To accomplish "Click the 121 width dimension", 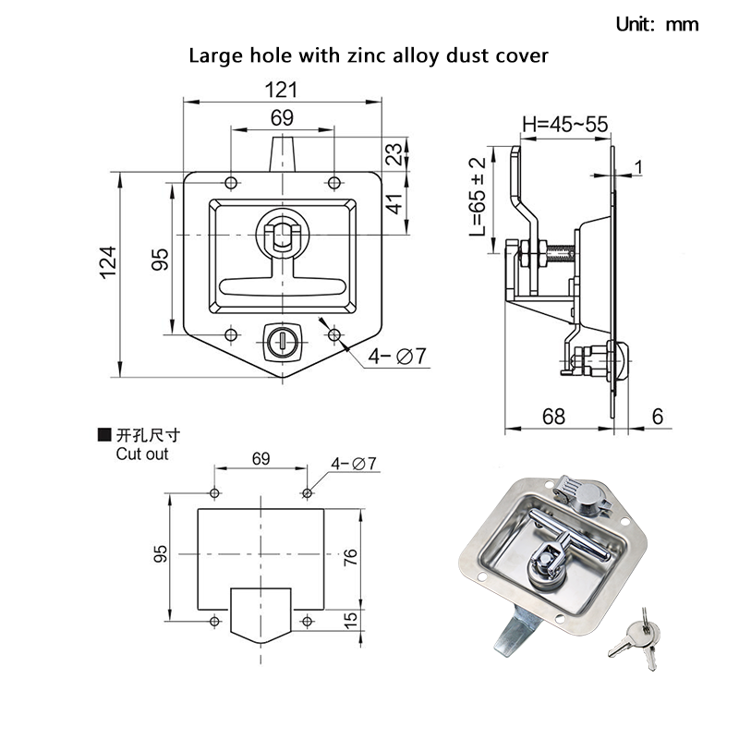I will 282,90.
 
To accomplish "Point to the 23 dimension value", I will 394,154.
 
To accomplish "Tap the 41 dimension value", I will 394,202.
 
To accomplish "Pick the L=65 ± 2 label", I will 477,197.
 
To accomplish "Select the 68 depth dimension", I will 553,417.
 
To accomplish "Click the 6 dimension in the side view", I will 658,417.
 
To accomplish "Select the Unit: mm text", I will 658,24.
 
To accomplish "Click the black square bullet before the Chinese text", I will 103,434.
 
